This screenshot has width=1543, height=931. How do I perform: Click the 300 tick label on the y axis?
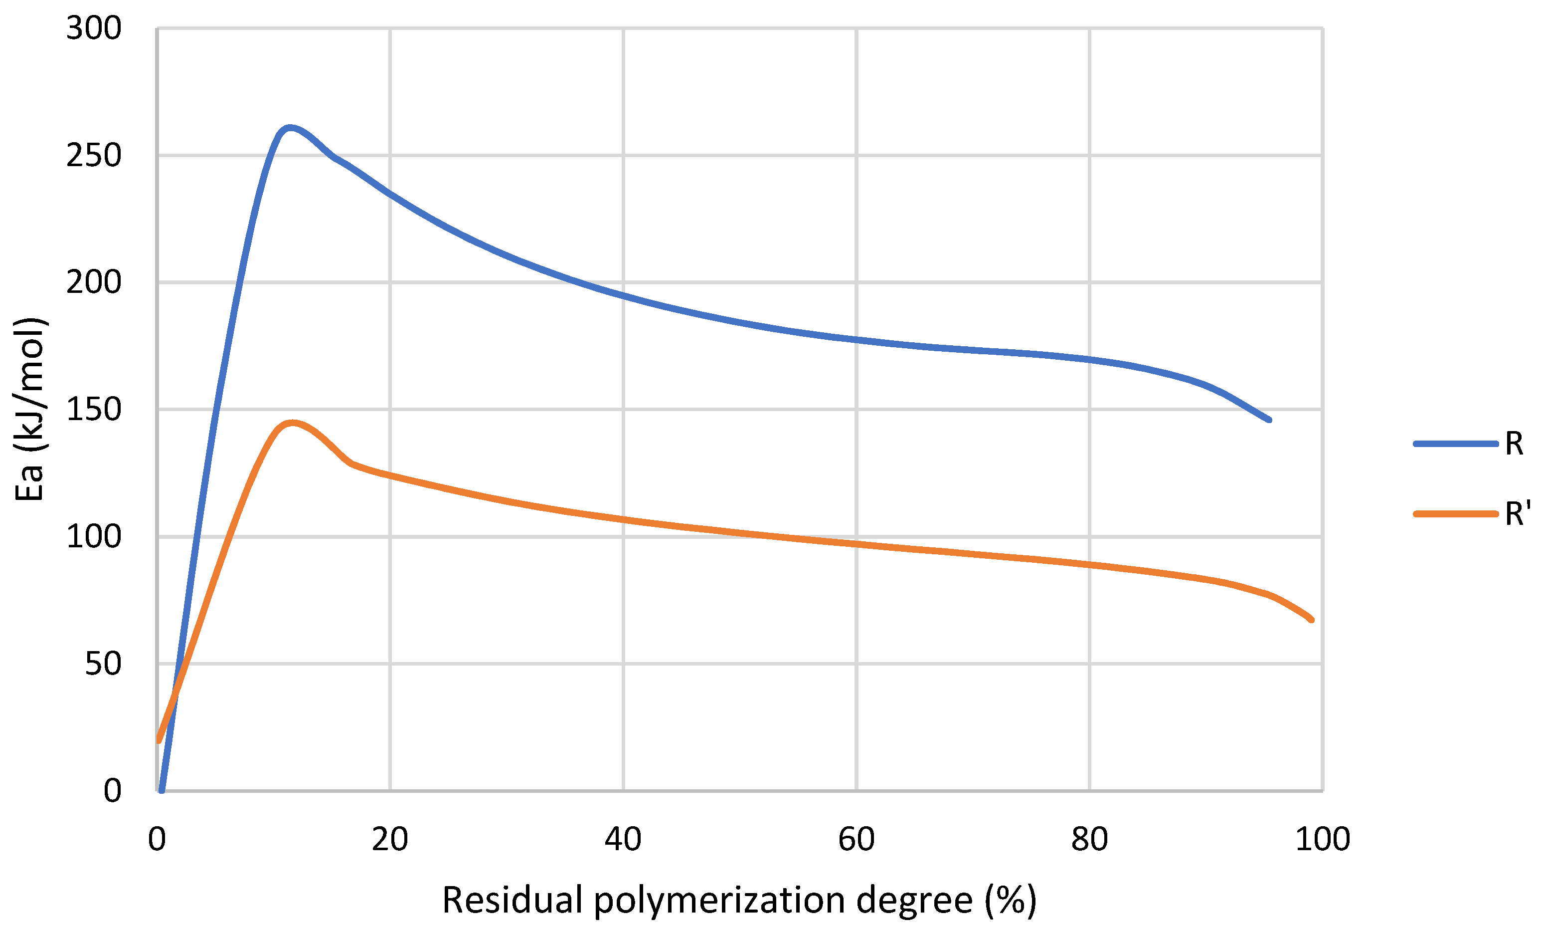coord(93,29)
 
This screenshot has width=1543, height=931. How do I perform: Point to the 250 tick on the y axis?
coord(93,156)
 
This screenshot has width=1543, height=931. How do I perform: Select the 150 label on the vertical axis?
coord(93,410)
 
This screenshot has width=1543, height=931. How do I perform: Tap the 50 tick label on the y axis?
coord(103,664)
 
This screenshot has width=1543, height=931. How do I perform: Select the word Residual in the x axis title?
coord(513,900)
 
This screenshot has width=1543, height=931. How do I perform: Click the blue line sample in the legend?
coord(1455,444)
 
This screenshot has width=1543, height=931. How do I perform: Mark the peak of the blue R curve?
coord(289,128)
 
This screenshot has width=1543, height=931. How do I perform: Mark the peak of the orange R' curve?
coord(292,424)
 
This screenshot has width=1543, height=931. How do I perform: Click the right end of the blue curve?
coord(1269,420)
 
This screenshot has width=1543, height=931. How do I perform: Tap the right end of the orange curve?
coord(1311,620)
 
